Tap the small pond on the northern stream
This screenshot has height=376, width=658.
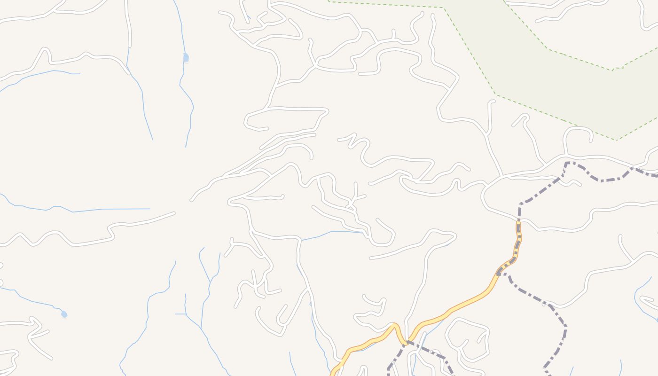point(186,57)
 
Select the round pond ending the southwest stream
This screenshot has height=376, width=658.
point(64,314)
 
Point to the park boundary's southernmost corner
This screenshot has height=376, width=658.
point(616,140)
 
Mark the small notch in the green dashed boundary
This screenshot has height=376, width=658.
point(618,69)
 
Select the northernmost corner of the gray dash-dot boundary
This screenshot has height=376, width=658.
point(567,163)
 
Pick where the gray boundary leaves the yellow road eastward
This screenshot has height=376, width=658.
point(502,273)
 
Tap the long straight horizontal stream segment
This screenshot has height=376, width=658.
point(113,209)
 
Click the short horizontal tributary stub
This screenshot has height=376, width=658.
point(180,313)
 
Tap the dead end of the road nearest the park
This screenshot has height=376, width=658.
point(493,101)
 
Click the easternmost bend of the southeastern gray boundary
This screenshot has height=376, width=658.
point(565,327)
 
